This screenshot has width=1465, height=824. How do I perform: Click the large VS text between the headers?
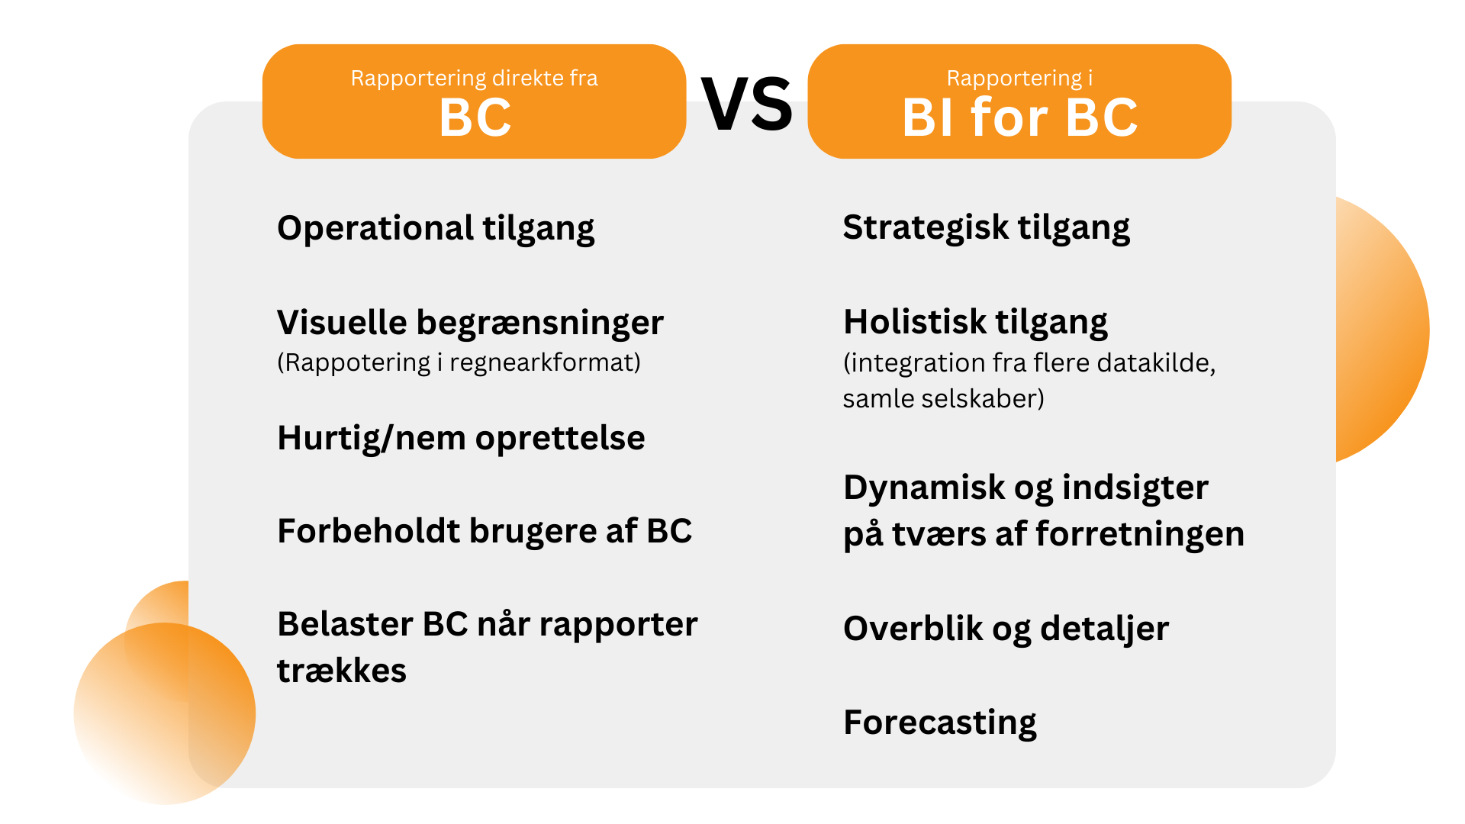pos(747,105)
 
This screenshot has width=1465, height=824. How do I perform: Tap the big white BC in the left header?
pos(475,118)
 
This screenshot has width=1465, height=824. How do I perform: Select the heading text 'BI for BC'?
pos(1019,118)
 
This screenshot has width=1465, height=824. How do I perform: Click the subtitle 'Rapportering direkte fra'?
pos(474,78)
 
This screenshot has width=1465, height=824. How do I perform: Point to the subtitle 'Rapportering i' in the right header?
pos(1019,78)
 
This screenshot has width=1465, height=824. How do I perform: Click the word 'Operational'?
pos(375,228)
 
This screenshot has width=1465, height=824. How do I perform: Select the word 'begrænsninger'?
pos(539,323)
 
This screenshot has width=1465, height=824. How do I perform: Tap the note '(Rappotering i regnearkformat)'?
pos(459,362)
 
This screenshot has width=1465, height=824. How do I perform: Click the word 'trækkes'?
pos(342,671)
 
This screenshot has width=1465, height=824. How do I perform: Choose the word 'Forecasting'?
pos(940,723)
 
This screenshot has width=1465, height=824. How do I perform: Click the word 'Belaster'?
pos(345,624)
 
